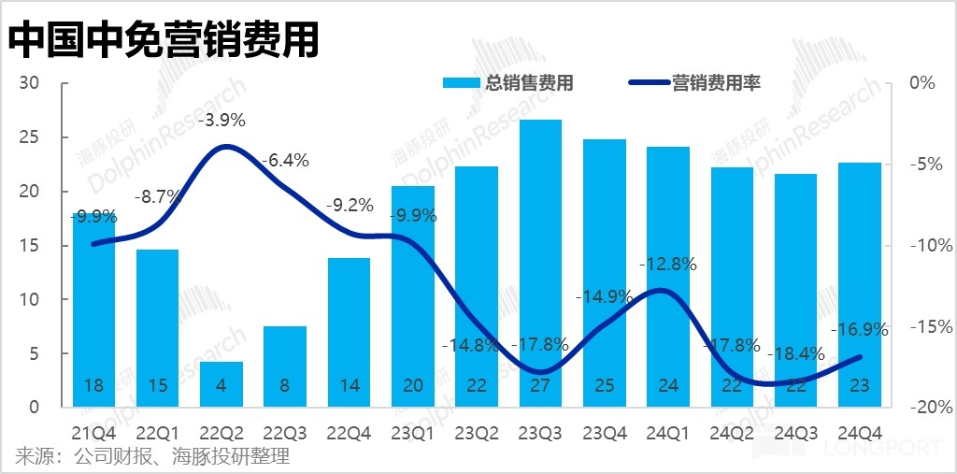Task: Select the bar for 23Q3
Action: (540, 262)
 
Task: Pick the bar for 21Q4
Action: (93, 309)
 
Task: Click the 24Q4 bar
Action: (859, 280)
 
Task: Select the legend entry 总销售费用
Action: (508, 83)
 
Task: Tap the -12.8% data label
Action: (667, 264)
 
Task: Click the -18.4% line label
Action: (795, 355)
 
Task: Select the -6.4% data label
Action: (286, 160)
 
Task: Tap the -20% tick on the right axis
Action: (931, 409)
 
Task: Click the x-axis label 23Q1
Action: (413, 433)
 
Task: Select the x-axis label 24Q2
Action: (732, 433)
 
